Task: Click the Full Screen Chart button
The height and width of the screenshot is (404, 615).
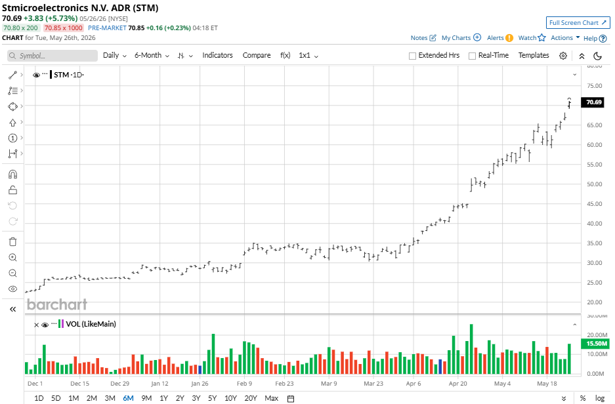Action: coord(578,23)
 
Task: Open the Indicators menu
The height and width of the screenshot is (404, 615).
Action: coord(217,55)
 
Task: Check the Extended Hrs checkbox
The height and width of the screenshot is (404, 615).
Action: coord(412,56)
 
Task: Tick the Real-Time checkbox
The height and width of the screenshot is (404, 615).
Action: coord(472,56)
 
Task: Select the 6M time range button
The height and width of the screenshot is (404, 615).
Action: coord(128,398)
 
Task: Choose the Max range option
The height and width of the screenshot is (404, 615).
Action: coord(272,398)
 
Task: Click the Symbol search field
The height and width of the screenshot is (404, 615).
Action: coord(52,56)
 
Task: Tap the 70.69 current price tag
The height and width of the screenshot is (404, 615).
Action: coord(593,102)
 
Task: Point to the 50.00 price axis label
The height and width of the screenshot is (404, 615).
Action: coord(594,184)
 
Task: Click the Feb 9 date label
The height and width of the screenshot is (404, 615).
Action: coord(244,384)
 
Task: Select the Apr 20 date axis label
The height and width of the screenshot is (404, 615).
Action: coord(457,384)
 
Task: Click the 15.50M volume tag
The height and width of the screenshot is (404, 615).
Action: coord(596,344)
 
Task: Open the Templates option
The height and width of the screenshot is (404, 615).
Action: coord(534,55)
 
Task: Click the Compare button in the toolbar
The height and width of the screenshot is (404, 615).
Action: coord(257,55)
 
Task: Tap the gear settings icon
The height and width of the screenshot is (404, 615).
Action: coord(563,56)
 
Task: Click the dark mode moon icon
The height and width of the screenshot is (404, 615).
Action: coord(598,56)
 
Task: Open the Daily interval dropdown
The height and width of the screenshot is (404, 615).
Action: coord(114,55)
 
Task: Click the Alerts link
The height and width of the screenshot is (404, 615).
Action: coord(499,37)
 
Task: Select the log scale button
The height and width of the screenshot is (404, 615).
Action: coord(600,398)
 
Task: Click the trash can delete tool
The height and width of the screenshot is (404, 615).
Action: coord(12,241)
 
